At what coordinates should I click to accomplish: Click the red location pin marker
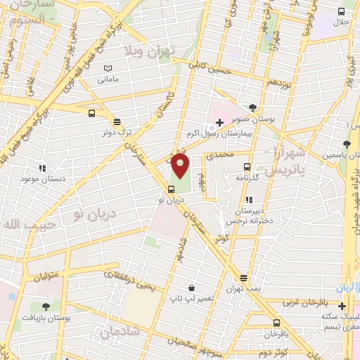(x=181, y=166)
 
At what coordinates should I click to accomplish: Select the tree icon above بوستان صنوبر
(x=252, y=108)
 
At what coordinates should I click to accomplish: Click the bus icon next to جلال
(x=342, y=11)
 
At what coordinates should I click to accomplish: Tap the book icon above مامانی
(x=107, y=68)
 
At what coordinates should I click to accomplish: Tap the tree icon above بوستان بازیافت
(x=46, y=307)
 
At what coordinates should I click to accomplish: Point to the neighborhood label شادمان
(x=117, y=332)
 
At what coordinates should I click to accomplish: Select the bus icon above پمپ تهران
(x=243, y=278)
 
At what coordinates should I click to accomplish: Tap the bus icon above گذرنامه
(x=246, y=167)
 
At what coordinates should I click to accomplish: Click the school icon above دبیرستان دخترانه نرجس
(x=250, y=199)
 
